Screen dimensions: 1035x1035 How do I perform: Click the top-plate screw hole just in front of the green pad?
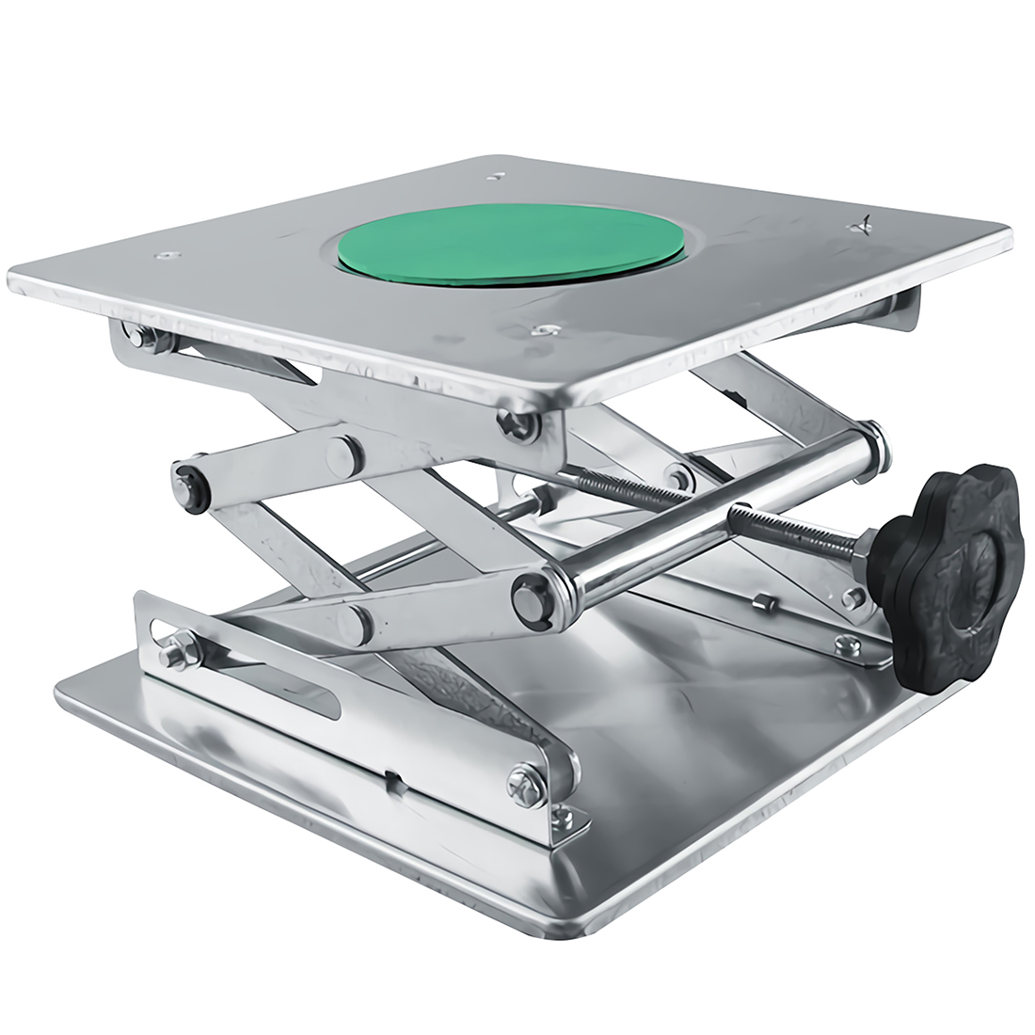click(540, 329)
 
